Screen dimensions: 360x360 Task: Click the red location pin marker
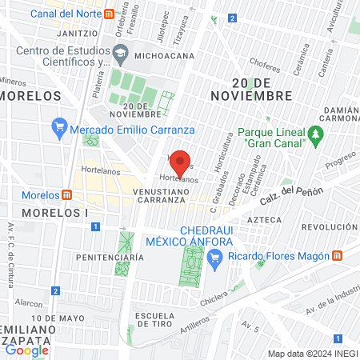click(181, 162)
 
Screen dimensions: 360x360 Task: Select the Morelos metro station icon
click(68, 195)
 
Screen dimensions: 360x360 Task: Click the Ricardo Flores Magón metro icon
click(338, 256)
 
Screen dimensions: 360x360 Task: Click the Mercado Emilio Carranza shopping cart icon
click(58, 126)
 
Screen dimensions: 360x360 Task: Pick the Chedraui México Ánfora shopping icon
click(214, 257)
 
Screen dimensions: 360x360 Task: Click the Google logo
click(26, 350)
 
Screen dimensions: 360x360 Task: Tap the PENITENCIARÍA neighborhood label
click(110, 257)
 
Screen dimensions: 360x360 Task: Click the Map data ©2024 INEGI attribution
click(312, 353)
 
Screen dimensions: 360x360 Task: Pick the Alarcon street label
click(28, 303)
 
